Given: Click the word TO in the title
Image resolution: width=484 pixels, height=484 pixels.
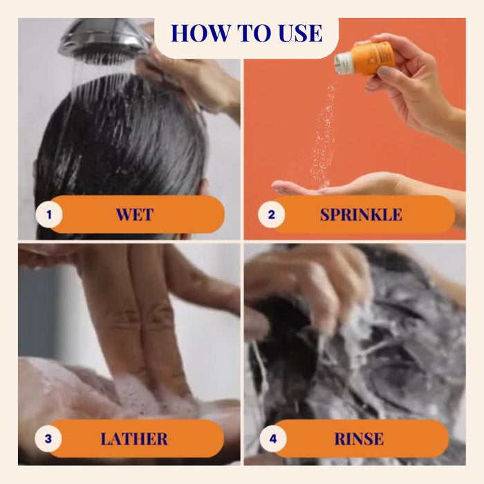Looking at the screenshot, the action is pos(254,32).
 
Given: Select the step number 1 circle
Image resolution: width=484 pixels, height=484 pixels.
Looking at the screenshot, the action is pos(49,214).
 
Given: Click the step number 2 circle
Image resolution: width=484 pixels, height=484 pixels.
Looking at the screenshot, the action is pos(271,214).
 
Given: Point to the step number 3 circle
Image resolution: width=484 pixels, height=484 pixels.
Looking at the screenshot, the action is pos(48,438).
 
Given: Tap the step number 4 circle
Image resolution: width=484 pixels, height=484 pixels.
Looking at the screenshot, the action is pos(273,438).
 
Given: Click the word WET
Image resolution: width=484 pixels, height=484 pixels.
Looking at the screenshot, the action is pos(135,214).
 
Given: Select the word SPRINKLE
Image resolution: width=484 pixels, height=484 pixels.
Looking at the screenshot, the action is pos(361,214).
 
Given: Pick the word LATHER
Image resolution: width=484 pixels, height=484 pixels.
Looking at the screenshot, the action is pos(134,439).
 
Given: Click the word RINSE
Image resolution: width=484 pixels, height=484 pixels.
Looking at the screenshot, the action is pos(359,439).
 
